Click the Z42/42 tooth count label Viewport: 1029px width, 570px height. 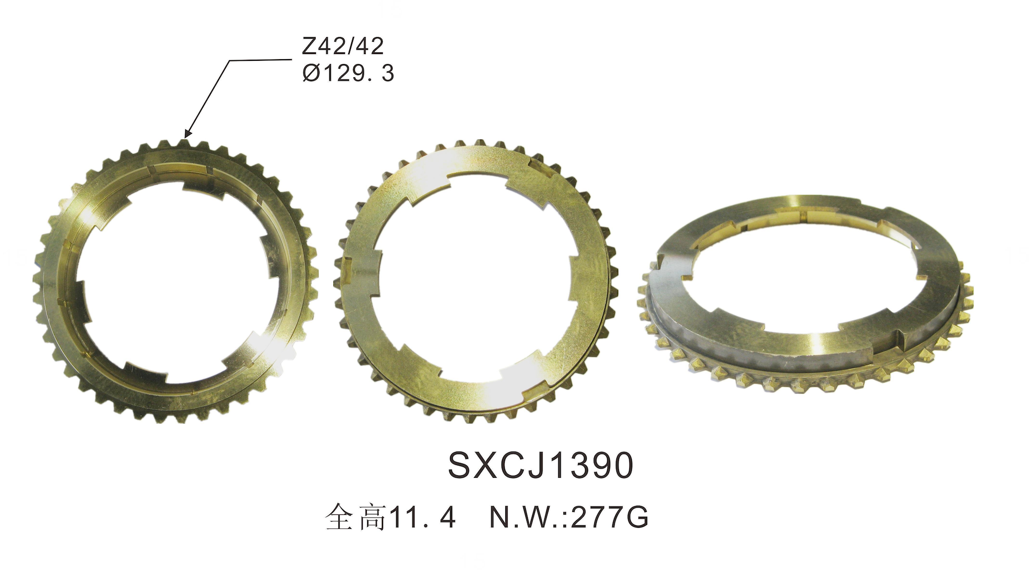[343, 47]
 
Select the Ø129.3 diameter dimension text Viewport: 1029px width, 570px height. [348, 73]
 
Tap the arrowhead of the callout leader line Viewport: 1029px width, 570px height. [187, 133]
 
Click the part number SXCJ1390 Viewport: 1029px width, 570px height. [540, 466]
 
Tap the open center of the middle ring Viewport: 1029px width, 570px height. [476, 278]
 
